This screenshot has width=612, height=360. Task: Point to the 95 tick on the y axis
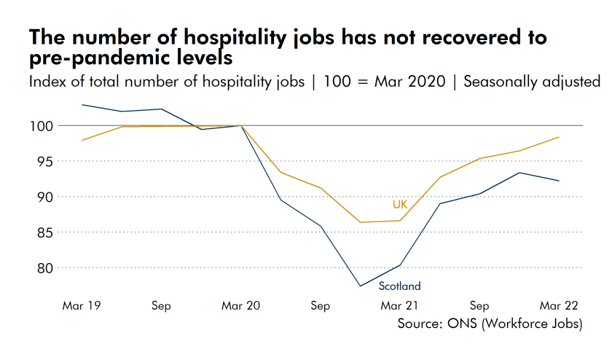(47, 162)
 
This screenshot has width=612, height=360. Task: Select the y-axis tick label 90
(47, 197)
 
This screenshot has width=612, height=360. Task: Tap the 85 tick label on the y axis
(47, 232)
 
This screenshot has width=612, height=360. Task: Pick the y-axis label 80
(47, 268)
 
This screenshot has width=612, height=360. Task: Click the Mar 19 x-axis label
(82, 306)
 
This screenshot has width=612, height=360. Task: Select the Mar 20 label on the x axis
(241, 306)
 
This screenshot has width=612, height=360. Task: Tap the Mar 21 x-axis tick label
(400, 306)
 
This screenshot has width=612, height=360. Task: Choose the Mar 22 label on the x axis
(559, 306)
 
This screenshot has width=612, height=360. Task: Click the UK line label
(400, 204)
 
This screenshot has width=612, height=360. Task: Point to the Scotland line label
(399, 286)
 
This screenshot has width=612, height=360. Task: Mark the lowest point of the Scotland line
(360, 286)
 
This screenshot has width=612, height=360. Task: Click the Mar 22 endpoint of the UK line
(559, 137)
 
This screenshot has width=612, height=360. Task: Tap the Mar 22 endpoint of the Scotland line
(559, 181)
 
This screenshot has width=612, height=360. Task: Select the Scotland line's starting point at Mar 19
(82, 105)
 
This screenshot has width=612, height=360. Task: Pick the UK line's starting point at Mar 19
(82, 140)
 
